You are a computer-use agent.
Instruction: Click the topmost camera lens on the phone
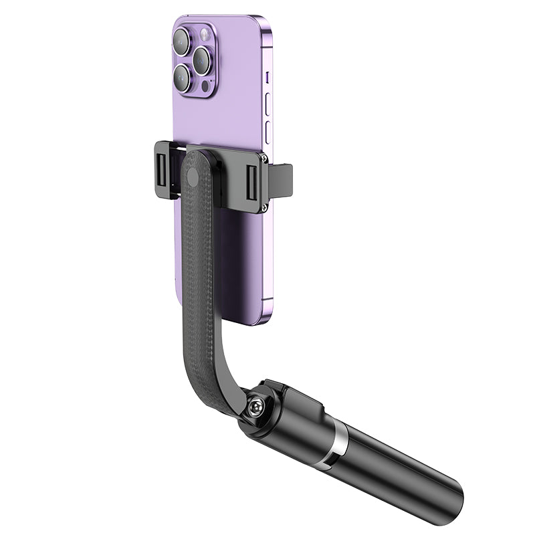click(x=181, y=42)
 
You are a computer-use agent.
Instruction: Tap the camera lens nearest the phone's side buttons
click(x=202, y=61)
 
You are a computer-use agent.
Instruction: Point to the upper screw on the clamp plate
click(x=265, y=159)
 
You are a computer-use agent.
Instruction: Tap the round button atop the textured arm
click(x=193, y=178)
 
